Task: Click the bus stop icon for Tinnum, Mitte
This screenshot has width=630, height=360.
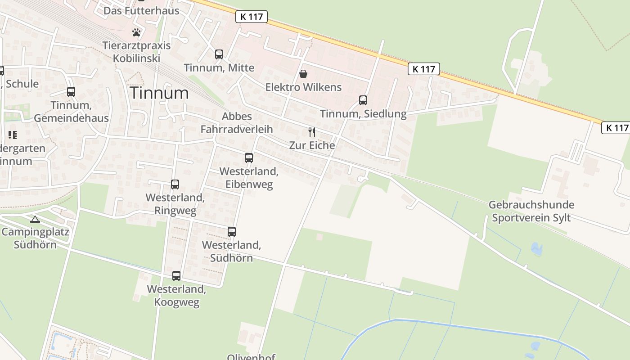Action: pyautogui.click(x=219, y=54)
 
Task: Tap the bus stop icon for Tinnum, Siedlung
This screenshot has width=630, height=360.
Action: pyautogui.click(x=363, y=100)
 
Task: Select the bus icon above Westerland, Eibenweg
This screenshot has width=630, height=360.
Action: pyautogui.click(x=249, y=158)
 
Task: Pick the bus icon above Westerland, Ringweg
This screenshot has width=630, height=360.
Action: pyautogui.click(x=175, y=184)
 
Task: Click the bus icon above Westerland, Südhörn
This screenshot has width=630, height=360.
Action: pyautogui.click(x=232, y=232)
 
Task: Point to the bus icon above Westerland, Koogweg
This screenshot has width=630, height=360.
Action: pyautogui.click(x=176, y=276)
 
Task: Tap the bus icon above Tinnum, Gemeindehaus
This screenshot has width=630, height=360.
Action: pyautogui.click(x=71, y=92)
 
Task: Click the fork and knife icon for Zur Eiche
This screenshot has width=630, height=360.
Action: pyautogui.click(x=311, y=132)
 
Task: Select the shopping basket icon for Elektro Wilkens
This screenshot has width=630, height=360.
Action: pyautogui.click(x=303, y=74)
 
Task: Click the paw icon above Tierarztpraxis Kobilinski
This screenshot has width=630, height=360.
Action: pyautogui.click(x=136, y=32)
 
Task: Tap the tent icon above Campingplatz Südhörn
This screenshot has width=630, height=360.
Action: pyautogui.click(x=35, y=220)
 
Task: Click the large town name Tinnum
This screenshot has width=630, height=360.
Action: pyautogui.click(x=159, y=93)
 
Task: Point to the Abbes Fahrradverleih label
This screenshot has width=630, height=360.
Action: pyautogui.click(x=237, y=123)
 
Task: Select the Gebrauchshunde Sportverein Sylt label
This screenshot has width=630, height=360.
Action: pyautogui.click(x=531, y=211)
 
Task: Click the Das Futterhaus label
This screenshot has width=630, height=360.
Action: pyautogui.click(x=141, y=10)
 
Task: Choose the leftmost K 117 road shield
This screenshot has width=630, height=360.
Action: pyautogui.click(x=252, y=17)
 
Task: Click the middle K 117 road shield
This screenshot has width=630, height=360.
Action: pyautogui.click(x=424, y=69)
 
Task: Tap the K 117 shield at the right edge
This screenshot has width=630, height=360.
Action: pyautogui.click(x=615, y=128)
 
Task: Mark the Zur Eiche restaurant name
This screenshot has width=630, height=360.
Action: pyautogui.click(x=312, y=145)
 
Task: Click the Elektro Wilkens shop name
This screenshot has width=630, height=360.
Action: pyautogui.click(x=303, y=87)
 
